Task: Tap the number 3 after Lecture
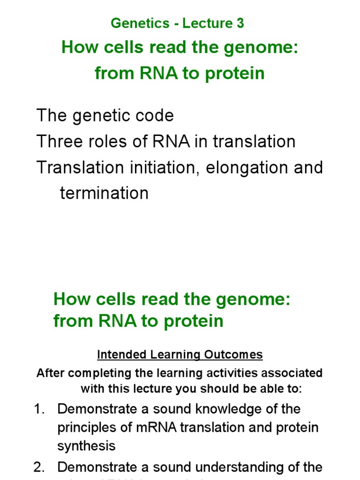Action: pos(240,23)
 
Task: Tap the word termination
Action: pos(104,193)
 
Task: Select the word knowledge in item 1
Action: pos(219,409)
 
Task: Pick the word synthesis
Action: pos(86,446)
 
